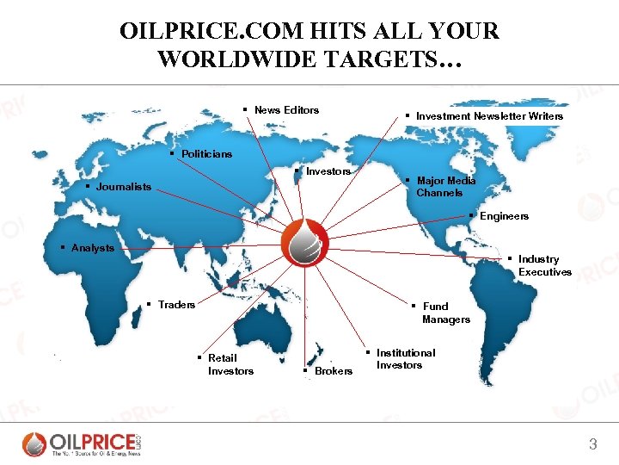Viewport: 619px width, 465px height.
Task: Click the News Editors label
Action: [286, 109]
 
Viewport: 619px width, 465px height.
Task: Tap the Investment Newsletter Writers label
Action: [489, 115]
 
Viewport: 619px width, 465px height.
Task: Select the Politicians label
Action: [206, 153]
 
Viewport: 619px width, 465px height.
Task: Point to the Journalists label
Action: [123, 186]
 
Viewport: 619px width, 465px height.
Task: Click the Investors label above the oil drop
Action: [328, 171]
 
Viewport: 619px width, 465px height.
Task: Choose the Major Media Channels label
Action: [445, 187]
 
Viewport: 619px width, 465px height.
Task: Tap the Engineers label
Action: [504, 215]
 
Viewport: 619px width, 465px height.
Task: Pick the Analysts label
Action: [92, 248]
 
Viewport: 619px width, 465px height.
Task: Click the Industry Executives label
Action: [544, 265]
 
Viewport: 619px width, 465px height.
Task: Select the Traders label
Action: [176, 304]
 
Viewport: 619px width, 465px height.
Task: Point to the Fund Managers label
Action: [445, 313]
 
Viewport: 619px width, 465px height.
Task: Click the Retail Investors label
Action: [230, 364]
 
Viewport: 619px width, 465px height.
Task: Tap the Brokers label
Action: [333, 370]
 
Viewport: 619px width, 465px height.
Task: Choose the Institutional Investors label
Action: [405, 359]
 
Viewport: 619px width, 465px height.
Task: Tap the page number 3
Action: [592, 444]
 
